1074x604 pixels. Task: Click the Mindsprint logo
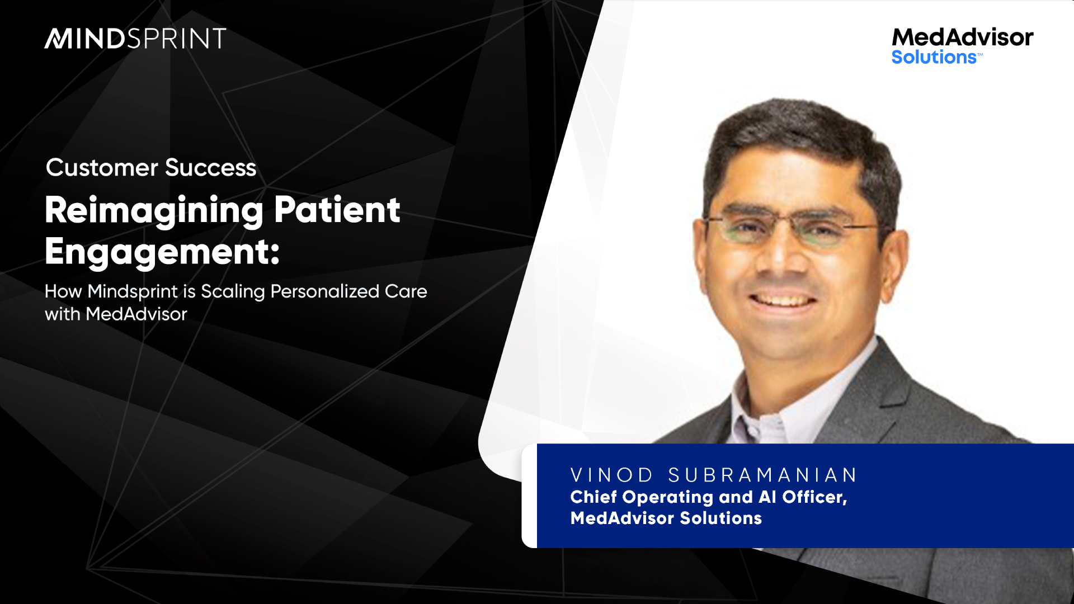pyautogui.click(x=135, y=39)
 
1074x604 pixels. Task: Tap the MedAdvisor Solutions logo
pyautogui.click(x=962, y=46)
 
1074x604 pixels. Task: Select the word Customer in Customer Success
pyautogui.click(x=102, y=168)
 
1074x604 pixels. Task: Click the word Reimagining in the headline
pyautogui.click(x=154, y=211)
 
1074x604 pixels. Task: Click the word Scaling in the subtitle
pyautogui.click(x=233, y=292)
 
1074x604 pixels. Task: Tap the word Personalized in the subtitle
pyautogui.click(x=325, y=292)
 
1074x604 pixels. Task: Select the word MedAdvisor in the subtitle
pyautogui.click(x=136, y=314)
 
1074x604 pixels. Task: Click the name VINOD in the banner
pyautogui.click(x=611, y=475)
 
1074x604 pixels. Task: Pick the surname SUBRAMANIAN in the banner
pyautogui.click(x=762, y=475)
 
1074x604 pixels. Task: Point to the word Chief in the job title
pyautogui.click(x=593, y=497)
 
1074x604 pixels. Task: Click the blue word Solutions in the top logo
pyautogui.click(x=934, y=57)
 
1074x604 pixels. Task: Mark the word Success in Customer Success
pyautogui.click(x=210, y=168)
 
